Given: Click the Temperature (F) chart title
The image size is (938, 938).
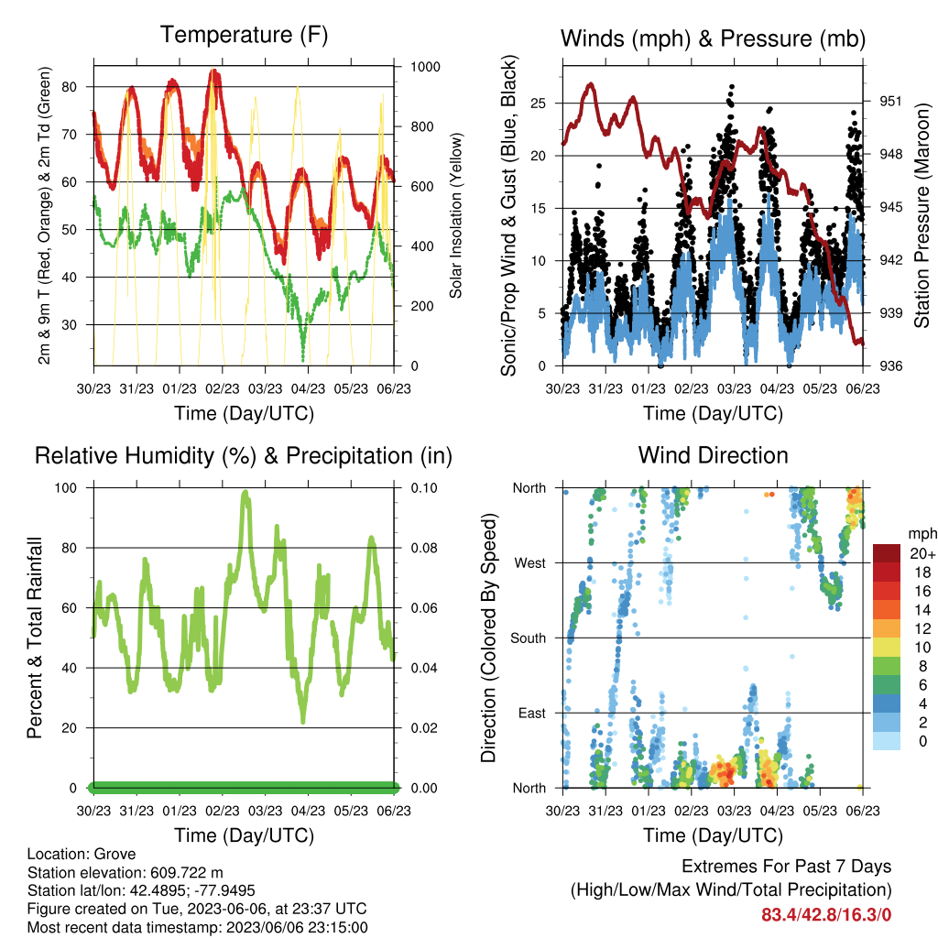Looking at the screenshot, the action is pos(244,35).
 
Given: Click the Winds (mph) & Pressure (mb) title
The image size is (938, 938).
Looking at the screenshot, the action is pos(713,38).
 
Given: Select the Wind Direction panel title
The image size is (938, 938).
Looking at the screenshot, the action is pos(713,455).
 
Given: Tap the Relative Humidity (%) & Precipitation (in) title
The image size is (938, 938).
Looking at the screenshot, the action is pos(244,456).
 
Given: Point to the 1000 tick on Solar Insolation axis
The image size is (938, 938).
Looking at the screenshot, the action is pos(425,67).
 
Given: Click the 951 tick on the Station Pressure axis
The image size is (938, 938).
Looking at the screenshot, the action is pos(890,101).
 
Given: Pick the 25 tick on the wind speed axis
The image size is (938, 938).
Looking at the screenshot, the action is pos(539,103).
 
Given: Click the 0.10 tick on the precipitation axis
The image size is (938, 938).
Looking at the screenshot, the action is pos(424,488).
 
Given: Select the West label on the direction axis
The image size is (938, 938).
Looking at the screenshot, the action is pos(530,563).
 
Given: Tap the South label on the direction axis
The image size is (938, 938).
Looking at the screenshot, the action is pos(529,638).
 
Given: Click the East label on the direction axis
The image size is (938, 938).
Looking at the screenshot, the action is pos(532,713).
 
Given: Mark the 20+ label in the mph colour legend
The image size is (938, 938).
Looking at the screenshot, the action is pos(922,553).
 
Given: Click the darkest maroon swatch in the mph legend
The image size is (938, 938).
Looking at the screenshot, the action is pos(887,553).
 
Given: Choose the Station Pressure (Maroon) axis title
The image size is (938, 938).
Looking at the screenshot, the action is pos(922,215).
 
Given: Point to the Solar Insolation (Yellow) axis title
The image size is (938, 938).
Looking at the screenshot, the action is pos(456,215).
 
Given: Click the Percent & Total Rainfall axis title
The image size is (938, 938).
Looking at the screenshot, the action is pos(35,638).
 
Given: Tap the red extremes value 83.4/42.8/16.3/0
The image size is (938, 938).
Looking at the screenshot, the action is pos(826,915).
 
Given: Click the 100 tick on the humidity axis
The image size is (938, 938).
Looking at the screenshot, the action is pos(66,488).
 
